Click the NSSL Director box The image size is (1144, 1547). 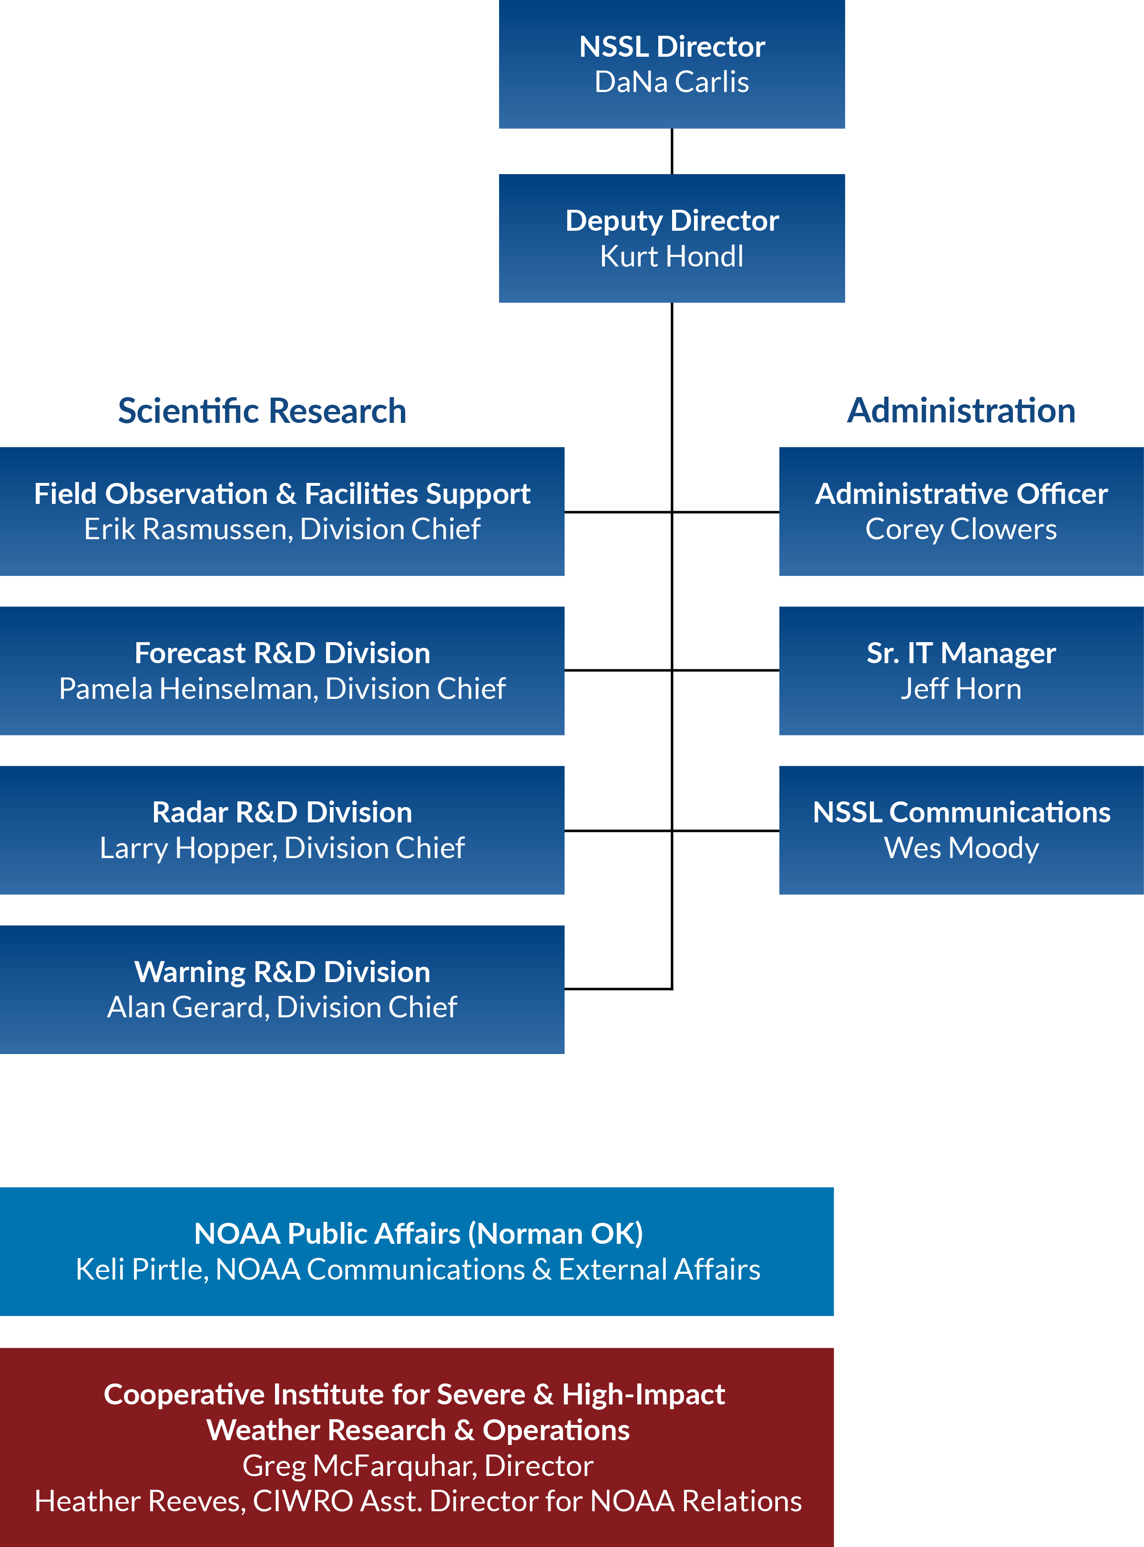click(672, 64)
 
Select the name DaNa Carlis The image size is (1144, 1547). click(672, 82)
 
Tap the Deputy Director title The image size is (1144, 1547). click(672, 221)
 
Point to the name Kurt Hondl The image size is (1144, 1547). click(672, 256)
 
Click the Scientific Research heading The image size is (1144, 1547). click(262, 410)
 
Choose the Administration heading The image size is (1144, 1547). click(961, 410)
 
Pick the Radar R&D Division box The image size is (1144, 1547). click(282, 830)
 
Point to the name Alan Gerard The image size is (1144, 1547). click(185, 1007)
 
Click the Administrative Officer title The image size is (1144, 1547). click(961, 494)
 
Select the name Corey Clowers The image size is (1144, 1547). click(961, 530)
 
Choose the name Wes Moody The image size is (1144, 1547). click(961, 848)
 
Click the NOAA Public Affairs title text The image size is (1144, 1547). click(418, 1234)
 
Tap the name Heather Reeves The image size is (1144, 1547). click(139, 1501)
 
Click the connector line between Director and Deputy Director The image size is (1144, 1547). click(672, 151)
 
